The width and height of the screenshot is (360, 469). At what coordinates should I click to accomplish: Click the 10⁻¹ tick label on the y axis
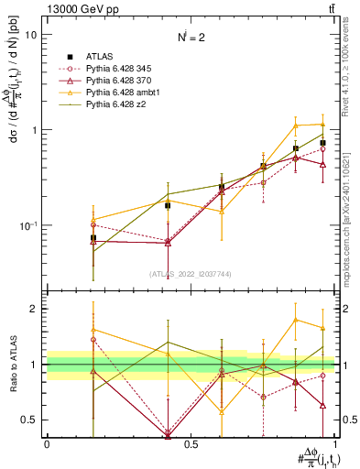(27, 225)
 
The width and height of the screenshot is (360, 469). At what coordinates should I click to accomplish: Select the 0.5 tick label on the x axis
(191, 444)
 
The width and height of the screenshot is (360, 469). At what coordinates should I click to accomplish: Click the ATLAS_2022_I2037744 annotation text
(191, 274)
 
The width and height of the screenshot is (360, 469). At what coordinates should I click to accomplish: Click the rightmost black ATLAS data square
(322, 143)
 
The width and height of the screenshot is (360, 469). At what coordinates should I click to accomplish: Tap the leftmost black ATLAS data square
(93, 238)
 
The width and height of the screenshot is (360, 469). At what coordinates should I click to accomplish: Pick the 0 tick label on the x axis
(47, 444)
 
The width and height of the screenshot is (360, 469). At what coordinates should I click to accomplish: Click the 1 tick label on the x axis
(335, 444)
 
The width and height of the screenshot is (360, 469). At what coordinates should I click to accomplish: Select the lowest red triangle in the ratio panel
(167, 434)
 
